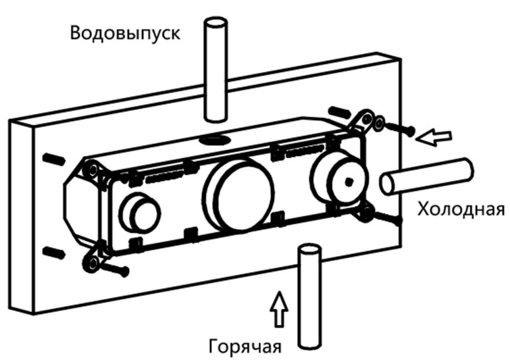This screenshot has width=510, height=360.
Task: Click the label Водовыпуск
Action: pos(125,32)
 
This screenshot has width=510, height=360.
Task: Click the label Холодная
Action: pos(461,209)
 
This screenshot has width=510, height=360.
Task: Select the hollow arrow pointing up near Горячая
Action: pos(278,310)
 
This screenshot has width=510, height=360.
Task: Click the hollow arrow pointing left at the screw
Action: pos(432,138)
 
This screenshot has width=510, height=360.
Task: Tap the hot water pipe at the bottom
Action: pos(308,297)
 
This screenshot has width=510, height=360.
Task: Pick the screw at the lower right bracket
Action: pos(386,217)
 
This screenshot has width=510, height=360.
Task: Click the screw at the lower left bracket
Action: pos(115,269)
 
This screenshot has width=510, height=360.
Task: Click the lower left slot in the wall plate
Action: pos(53,253)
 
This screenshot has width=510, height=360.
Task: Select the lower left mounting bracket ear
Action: pos(91,261)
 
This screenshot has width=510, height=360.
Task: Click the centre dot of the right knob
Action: pos(347,180)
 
